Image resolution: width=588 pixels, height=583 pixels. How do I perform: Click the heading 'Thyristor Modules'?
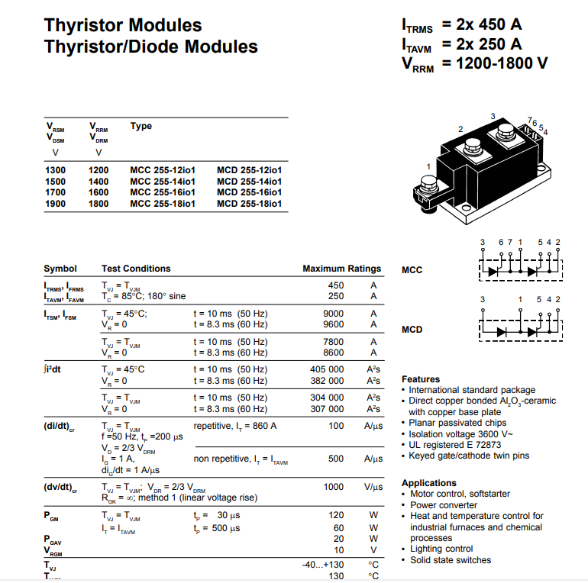tap(123, 25)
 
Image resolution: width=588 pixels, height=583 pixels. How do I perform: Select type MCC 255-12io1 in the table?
tap(163, 169)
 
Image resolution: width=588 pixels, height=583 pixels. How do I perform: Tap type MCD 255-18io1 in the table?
tap(249, 204)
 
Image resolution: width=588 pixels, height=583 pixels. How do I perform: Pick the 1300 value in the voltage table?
tap(56, 169)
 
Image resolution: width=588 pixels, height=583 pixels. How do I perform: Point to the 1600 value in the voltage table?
tap(99, 192)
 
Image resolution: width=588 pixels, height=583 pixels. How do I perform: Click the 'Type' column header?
tap(141, 126)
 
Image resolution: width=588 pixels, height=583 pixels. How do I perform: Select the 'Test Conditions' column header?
tap(136, 269)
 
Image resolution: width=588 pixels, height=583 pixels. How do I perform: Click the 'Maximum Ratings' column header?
tap(341, 269)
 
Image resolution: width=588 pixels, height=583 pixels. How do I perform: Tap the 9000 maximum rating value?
tap(334, 314)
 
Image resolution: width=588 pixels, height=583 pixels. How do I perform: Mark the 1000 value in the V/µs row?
tap(334, 487)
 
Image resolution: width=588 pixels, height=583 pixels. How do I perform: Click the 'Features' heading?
tap(421, 379)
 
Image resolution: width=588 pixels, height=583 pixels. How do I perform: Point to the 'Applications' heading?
tap(428, 483)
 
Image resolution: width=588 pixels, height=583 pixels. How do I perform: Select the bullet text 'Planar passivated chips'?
tap(457, 423)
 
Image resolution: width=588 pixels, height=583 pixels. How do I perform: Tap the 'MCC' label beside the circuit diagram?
tap(412, 269)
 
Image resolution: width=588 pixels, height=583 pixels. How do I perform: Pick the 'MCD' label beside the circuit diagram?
tap(412, 330)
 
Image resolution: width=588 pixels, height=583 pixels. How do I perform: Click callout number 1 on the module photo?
tap(428, 166)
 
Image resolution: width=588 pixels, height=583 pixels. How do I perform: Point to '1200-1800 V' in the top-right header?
tap(502, 63)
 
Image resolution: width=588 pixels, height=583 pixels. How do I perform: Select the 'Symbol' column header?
tap(60, 269)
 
